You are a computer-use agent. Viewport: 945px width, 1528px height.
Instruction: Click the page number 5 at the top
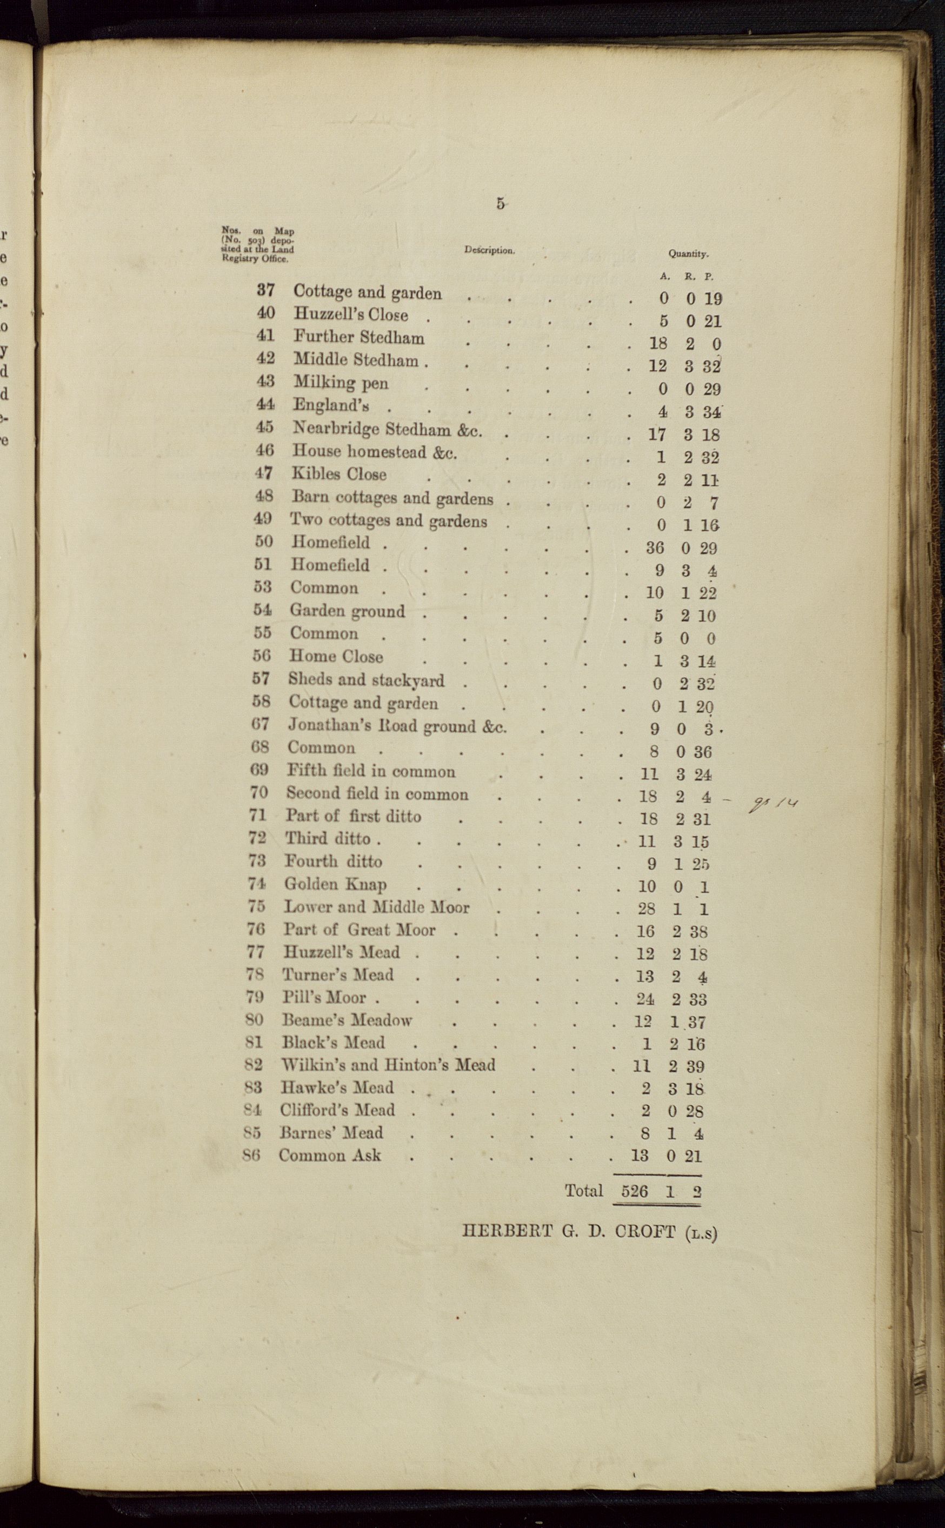[500, 204]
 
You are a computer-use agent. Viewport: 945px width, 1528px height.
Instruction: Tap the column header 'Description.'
[489, 250]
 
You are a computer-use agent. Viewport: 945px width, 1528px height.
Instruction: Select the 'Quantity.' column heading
[688, 253]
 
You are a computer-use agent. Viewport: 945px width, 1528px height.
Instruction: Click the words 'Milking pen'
[341, 383]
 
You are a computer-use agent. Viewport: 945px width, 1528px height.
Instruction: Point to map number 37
[265, 290]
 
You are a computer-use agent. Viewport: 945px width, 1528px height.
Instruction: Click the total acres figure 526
[634, 1191]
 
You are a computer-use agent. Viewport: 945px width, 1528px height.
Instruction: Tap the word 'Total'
[584, 1191]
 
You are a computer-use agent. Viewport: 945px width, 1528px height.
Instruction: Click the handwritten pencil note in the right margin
[773, 805]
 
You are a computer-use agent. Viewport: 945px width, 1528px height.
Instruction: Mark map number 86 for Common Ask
[251, 1156]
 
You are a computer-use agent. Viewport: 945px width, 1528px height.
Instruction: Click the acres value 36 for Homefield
[654, 548]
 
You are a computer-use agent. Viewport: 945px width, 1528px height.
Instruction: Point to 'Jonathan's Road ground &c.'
[397, 726]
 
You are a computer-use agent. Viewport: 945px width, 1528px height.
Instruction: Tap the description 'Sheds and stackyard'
[366, 679]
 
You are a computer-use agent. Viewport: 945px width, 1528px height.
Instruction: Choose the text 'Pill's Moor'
[324, 998]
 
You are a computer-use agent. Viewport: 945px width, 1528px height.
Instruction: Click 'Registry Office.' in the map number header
[255, 258]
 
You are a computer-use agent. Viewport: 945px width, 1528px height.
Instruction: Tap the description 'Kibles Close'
[339, 474]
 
